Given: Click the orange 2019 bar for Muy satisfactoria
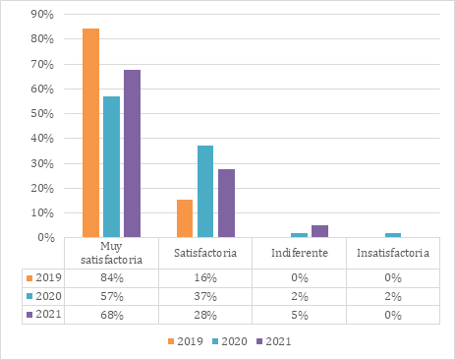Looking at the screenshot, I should [x=91, y=133].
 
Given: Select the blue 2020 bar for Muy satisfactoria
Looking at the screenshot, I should [x=111, y=166].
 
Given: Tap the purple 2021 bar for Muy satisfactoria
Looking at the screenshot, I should [x=132, y=153].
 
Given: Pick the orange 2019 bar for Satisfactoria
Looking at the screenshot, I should [x=185, y=218].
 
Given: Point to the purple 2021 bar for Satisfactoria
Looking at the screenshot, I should [x=226, y=203].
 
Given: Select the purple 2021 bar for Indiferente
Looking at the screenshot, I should [x=319, y=231].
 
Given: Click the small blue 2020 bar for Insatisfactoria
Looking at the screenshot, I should [x=393, y=235].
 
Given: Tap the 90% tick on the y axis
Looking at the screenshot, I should [x=41, y=15].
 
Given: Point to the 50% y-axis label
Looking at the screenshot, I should [x=41, y=114].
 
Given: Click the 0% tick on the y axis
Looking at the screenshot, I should [x=44, y=237].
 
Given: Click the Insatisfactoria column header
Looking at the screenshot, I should [x=393, y=253].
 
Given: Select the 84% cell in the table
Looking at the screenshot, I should [x=111, y=278].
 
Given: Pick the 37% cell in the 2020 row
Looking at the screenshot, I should [x=205, y=296].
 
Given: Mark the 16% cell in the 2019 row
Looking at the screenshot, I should [x=205, y=278].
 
